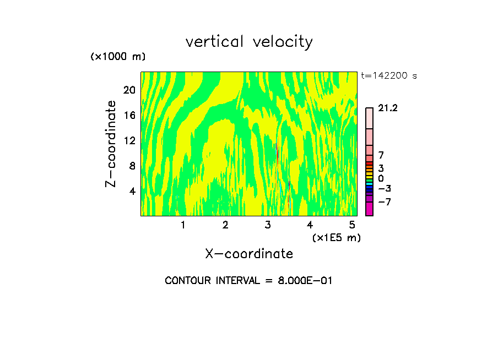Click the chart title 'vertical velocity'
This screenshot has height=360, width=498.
pos(249,42)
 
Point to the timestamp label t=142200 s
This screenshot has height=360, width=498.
pos(388,75)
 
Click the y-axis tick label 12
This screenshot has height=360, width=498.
pos(129,140)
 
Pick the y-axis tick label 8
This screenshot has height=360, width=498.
pos(132,166)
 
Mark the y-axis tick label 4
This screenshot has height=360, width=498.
pos(132,191)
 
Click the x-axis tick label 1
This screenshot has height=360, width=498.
pos(183,225)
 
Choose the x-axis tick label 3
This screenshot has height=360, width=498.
pos(268,225)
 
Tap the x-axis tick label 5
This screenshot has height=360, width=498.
pos(352,225)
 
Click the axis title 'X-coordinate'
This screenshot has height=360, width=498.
pos(249,254)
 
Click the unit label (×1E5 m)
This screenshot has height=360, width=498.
pos(336,238)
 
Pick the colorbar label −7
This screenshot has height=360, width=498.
pos(384,202)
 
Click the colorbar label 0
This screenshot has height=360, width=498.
pos(381,179)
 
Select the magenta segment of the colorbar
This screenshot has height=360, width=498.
pos(369,209)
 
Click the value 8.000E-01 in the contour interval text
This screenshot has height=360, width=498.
pos(301,281)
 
